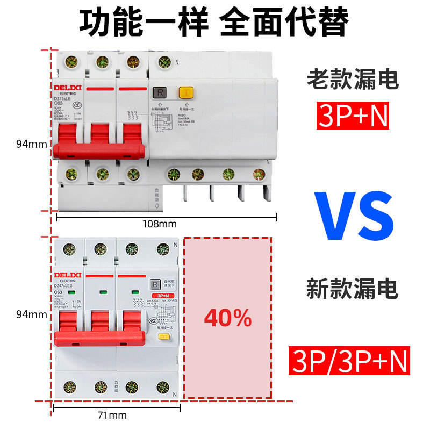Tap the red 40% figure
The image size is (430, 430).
click(x=228, y=318)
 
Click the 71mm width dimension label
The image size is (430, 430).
click(x=113, y=415)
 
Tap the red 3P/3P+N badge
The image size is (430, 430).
click(x=349, y=361)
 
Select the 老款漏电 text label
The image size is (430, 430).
click(x=353, y=81)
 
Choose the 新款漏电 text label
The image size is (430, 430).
click(x=353, y=289)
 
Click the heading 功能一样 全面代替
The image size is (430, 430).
click(x=214, y=21)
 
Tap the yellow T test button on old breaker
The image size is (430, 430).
click(x=185, y=93)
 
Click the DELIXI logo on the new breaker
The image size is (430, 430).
click(x=67, y=275)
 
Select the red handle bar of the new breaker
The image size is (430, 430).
click(x=99, y=338)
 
